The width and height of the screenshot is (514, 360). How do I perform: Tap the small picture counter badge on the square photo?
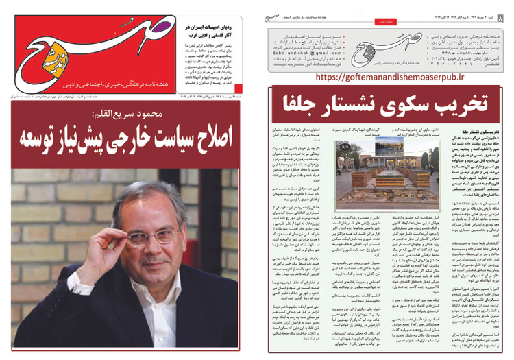tap(346, 146)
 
